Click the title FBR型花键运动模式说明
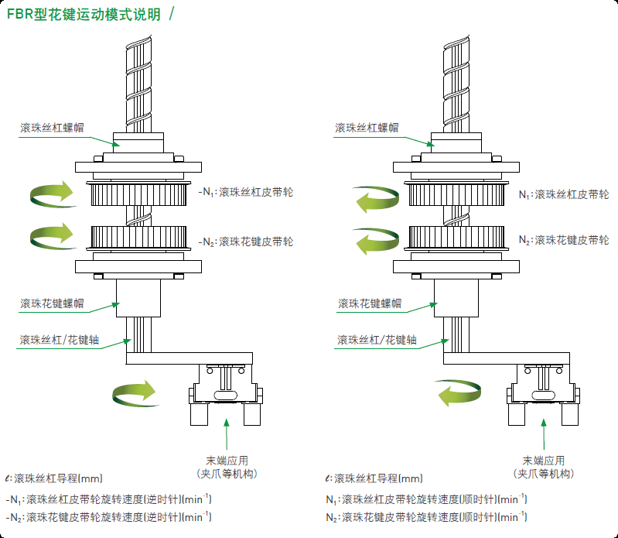point(84,15)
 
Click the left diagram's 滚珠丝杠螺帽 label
point(52,128)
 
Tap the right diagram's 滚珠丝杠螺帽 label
point(367,128)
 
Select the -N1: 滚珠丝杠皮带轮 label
point(246,192)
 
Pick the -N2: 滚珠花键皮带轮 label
point(246,242)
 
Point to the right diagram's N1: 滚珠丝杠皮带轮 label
point(564,194)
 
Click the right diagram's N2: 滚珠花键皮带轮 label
point(564,240)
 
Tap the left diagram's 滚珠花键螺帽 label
point(52,303)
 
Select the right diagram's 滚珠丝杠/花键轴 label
point(377,340)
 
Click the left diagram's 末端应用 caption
point(227,461)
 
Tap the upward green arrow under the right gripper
point(544,434)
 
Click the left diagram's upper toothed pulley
point(138,194)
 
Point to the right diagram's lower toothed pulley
point(456,238)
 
